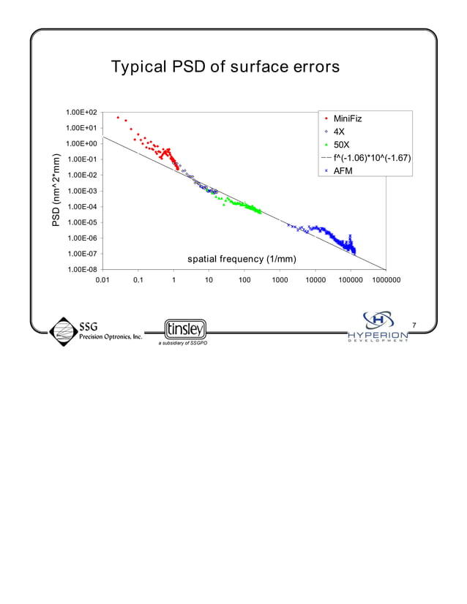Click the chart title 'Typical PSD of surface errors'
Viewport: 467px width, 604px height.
(225, 67)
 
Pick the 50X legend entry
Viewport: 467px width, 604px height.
(341, 145)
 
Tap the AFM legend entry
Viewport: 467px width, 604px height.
(343, 171)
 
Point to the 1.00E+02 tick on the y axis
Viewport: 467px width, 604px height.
(82, 113)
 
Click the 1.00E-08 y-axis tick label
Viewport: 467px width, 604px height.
(82, 270)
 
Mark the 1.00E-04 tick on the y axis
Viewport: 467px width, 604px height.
(82, 207)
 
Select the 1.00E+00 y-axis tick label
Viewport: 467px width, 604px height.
(82, 144)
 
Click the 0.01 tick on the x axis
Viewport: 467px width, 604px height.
(103, 279)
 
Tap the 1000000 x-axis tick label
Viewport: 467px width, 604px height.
(385, 279)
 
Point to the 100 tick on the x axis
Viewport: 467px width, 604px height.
(244, 279)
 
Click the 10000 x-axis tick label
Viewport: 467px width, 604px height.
(315, 279)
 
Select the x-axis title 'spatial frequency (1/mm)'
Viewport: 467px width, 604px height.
(242, 259)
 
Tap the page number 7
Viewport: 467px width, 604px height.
(414, 325)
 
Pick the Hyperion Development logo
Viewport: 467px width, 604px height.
(378, 326)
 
